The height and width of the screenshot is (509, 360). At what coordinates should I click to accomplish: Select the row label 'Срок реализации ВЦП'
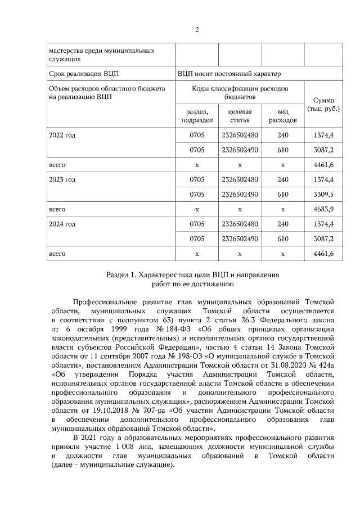(x=84, y=73)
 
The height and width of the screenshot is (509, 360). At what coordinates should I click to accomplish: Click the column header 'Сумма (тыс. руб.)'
(x=323, y=104)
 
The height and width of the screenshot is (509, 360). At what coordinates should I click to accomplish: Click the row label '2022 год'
(x=62, y=136)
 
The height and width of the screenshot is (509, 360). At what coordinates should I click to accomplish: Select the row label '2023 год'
(x=62, y=179)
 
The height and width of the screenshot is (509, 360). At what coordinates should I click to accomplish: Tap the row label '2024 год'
(x=62, y=224)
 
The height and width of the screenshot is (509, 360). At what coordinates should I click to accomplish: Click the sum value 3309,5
(x=323, y=195)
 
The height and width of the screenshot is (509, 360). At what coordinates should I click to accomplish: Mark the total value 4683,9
(x=323, y=209)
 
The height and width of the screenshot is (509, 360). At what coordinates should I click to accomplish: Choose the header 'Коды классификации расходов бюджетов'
(x=240, y=93)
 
